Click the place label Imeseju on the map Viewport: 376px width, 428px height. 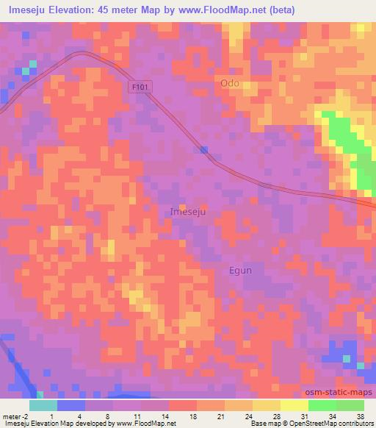click(x=188, y=211)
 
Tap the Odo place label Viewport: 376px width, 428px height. click(x=230, y=84)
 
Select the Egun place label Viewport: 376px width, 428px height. click(x=238, y=270)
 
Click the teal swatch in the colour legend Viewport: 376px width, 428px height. click(x=43, y=404)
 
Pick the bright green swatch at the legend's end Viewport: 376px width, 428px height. click(x=350, y=404)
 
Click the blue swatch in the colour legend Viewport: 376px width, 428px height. click(x=71, y=404)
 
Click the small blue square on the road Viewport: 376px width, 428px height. click(x=203, y=149)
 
